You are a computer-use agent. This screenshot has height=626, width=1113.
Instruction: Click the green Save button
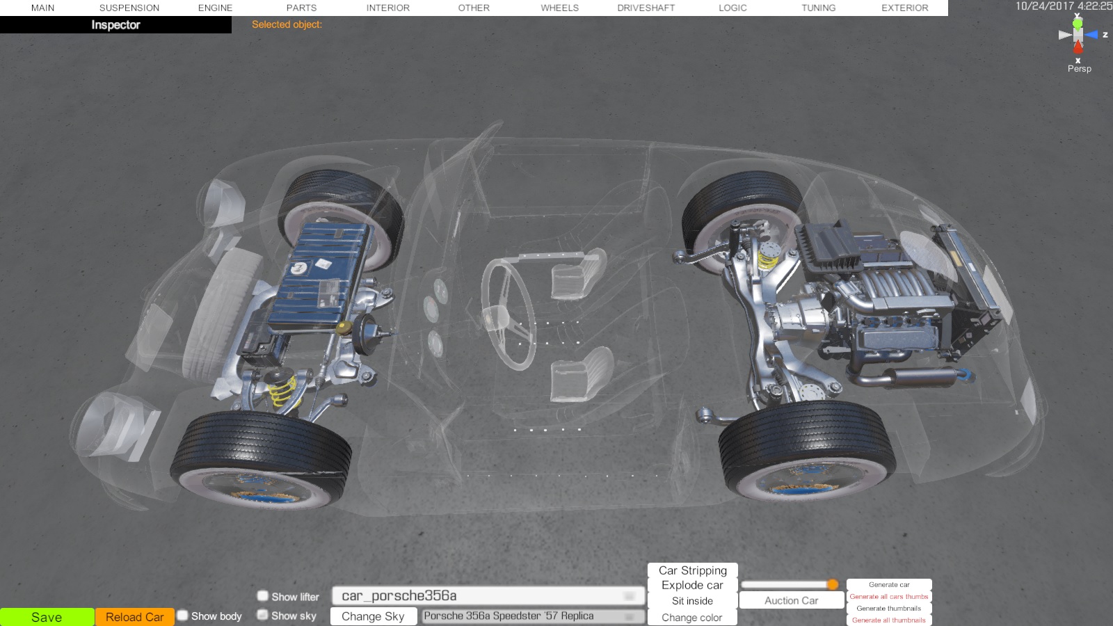47,617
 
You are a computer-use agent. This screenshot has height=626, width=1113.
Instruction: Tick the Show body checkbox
183,616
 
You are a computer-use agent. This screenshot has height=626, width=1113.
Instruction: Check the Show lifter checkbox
263,595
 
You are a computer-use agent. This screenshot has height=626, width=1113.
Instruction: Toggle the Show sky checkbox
263,615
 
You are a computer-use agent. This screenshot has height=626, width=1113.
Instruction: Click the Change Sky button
373,616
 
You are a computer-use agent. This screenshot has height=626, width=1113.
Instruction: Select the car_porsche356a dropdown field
488,595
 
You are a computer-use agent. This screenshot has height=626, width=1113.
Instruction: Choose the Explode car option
692,585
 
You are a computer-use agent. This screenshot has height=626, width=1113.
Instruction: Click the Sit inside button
692,601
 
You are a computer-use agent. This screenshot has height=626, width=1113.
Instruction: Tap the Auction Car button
792,601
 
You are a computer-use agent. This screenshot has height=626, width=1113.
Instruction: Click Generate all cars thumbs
889,597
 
